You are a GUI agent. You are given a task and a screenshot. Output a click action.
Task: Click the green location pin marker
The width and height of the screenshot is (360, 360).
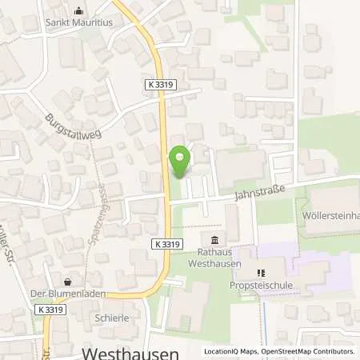[180, 162]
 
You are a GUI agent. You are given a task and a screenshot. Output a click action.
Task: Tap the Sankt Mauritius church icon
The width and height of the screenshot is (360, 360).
[78, 11]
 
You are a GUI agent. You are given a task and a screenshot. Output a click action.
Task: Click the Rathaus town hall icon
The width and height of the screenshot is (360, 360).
[214, 241]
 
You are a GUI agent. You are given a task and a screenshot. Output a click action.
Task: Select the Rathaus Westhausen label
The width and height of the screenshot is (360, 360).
[214, 258]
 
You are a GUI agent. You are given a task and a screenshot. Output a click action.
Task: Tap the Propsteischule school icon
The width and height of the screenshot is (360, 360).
[261, 273]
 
